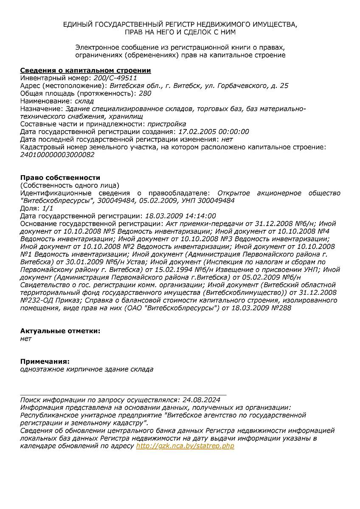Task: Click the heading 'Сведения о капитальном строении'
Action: pos(86,70)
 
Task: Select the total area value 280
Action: pos(145,93)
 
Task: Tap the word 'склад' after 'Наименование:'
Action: pos(84,101)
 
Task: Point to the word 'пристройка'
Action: pos(166,124)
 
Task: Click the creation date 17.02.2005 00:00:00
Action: pos(214,131)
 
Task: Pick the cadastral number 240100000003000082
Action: pos(57,154)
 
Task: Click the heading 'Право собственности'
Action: pos(60,178)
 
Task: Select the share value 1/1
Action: pos(48,208)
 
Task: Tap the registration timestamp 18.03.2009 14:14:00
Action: pos(180,216)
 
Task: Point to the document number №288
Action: pos(281,308)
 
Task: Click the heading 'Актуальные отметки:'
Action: pos(60,331)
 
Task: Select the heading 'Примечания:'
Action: pos(45,361)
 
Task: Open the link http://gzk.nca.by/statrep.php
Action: pos(185,446)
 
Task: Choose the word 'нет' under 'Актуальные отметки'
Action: pos(26,338)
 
